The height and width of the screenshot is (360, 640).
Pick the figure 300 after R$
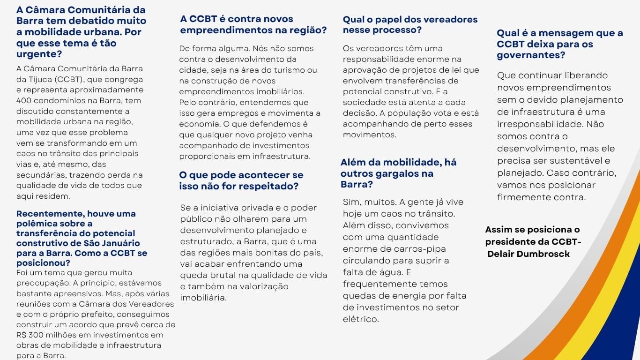pos(36,335)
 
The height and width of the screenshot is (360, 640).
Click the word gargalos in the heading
pos(394,173)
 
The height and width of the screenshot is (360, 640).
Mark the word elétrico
pos(360,319)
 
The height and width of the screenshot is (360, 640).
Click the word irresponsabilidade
pos(540,124)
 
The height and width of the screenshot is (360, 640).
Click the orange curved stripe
pos(581,281)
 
